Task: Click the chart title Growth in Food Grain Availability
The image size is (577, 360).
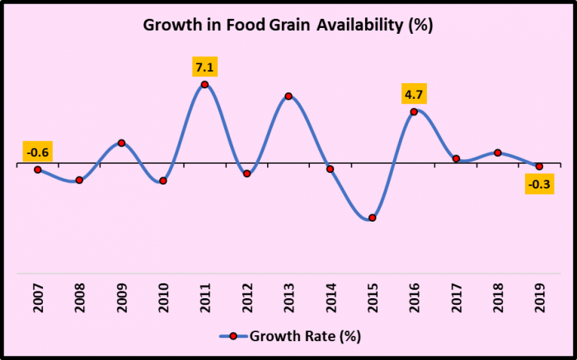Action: (288, 25)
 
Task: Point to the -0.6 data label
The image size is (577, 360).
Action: (38, 152)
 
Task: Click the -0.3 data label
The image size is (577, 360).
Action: (540, 184)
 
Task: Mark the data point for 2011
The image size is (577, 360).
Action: (204, 85)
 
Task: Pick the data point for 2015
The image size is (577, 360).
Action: (373, 217)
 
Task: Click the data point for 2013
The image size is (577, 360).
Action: (288, 96)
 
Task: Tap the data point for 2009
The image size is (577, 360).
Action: (121, 143)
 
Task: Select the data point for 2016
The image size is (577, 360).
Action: (414, 112)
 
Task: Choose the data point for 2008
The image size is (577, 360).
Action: (79, 180)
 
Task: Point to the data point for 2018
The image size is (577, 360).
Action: (498, 152)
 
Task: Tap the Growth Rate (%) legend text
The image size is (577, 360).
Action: (305, 336)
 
